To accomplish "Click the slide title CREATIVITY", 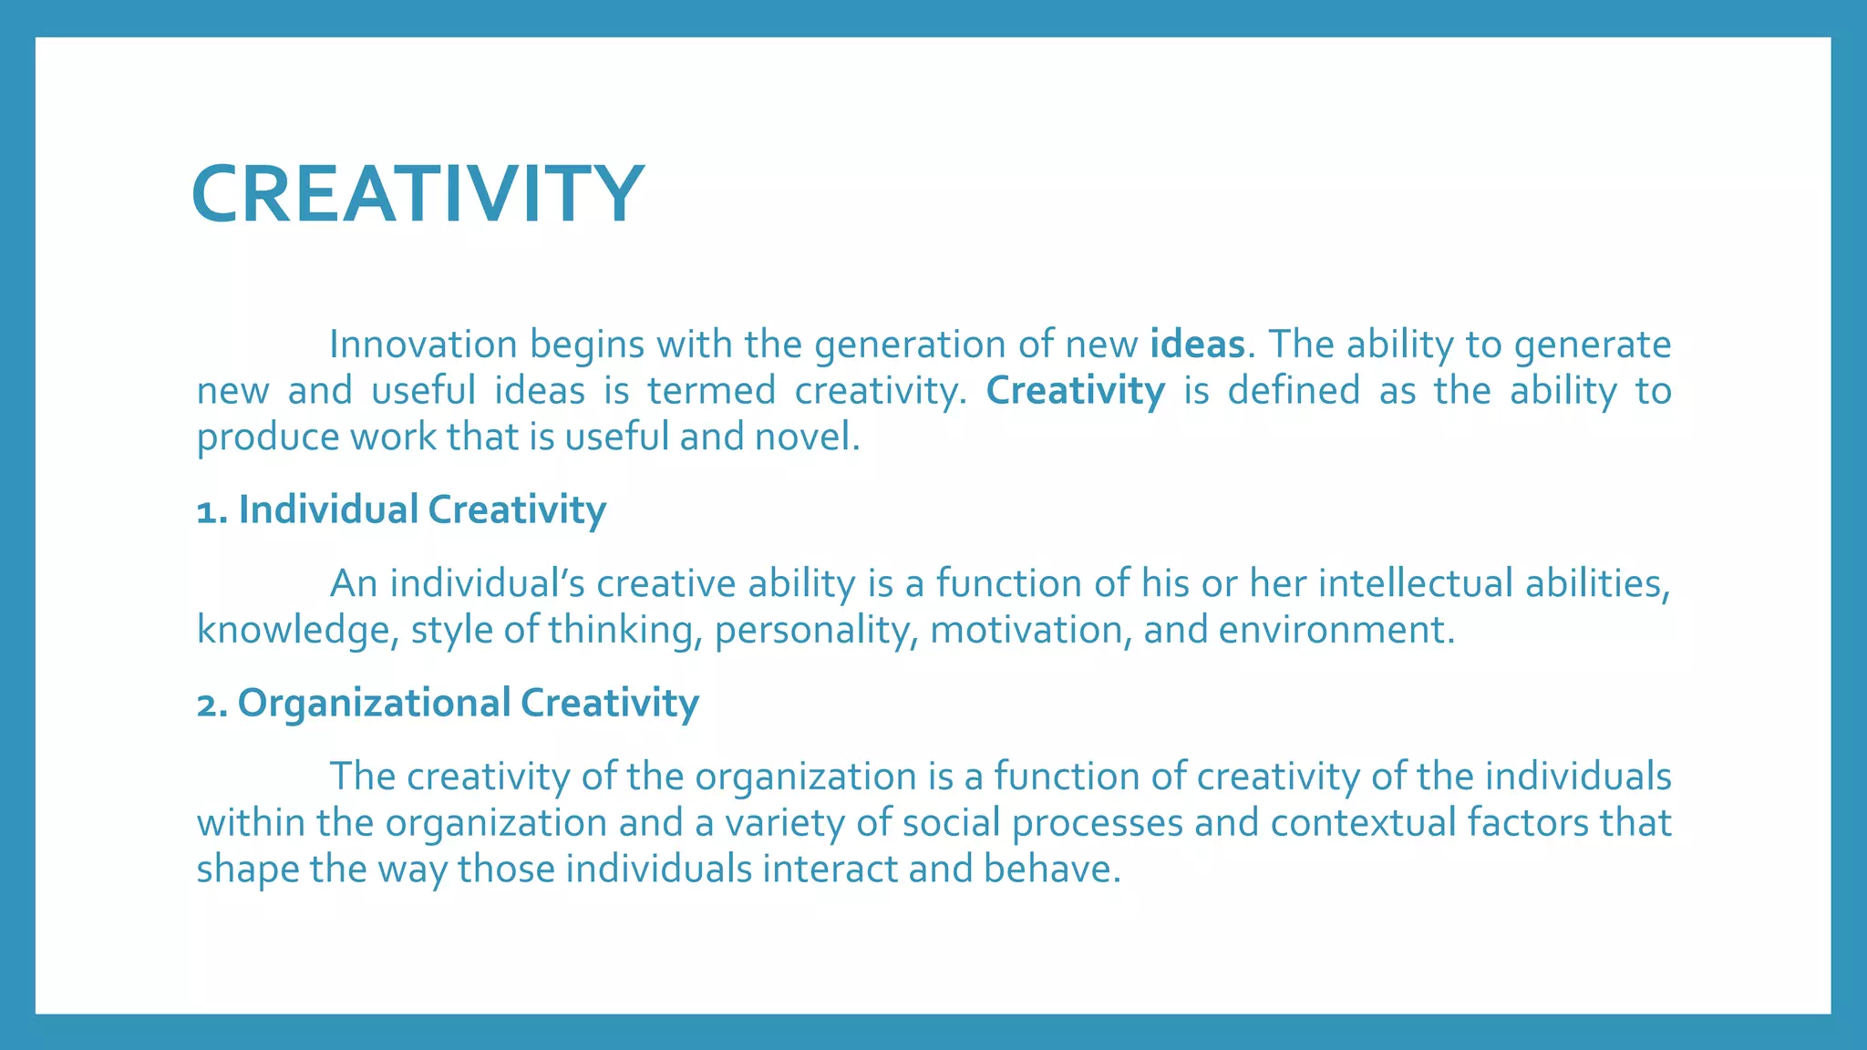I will click(418, 193).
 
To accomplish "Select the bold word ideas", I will click(1197, 345).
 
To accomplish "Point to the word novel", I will click(806, 437).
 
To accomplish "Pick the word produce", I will click(268, 438).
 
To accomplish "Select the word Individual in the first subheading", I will click(328, 510).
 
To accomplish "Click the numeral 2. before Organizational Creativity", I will click(213, 704).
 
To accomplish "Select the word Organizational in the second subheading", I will click(375, 704).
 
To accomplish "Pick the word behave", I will click(1050, 870).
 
